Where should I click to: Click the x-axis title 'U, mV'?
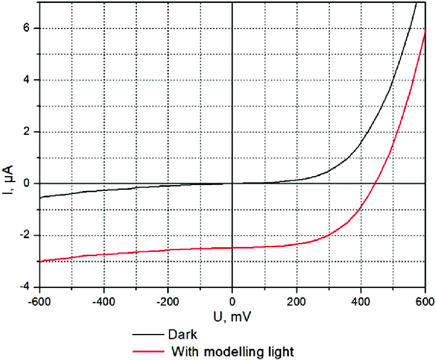232,317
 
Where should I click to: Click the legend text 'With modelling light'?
232,351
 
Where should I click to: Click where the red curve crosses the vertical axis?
232,248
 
